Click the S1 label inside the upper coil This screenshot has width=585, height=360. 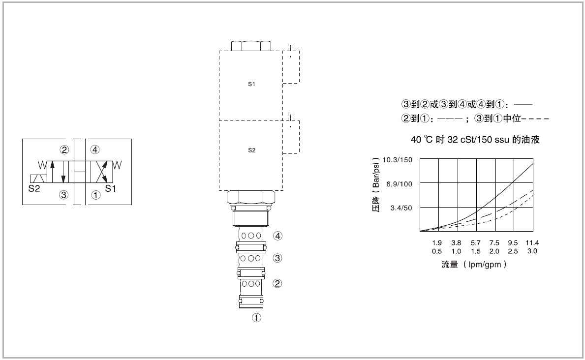click(251, 84)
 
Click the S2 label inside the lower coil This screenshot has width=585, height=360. click(252, 150)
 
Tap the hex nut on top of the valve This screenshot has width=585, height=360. click(251, 46)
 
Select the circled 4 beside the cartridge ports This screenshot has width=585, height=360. click(277, 236)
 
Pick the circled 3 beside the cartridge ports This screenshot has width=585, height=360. click(277, 258)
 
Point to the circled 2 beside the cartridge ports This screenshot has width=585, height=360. click(277, 283)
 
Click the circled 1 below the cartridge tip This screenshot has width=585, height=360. click(257, 318)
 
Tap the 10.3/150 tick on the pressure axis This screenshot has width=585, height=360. click(398, 160)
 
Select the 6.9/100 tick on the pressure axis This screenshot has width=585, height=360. click(399, 184)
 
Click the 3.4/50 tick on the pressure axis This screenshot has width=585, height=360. click(401, 208)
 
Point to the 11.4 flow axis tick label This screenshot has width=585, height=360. click(532, 243)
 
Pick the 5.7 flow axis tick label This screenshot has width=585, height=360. click(476, 243)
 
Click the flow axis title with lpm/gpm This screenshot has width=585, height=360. click(474, 265)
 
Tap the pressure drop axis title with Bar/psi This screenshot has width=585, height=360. click(376, 184)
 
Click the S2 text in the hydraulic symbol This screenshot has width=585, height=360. click(34, 188)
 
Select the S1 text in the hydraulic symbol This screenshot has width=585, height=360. click(110, 188)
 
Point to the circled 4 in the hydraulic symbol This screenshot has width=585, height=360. click(95, 150)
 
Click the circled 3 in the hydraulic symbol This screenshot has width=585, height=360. click(64, 195)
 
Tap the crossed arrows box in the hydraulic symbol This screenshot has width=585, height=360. click(99, 172)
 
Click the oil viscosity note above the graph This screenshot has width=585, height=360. click(475, 140)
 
